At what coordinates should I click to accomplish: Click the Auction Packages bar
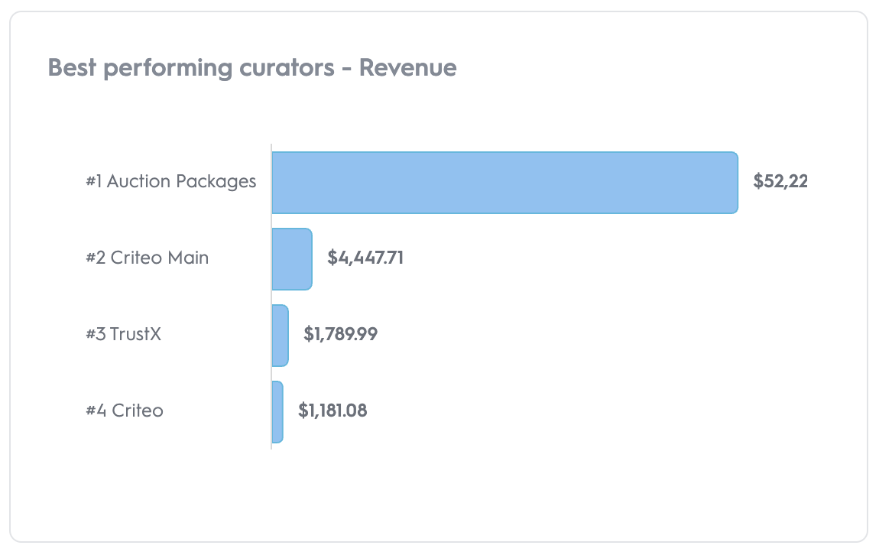tap(504, 183)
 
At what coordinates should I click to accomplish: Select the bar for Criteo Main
tap(292, 259)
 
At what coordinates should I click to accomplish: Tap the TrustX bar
tap(280, 336)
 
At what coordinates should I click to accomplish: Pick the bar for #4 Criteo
tap(277, 412)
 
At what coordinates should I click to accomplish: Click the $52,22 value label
tap(780, 181)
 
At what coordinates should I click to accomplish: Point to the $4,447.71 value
tap(365, 258)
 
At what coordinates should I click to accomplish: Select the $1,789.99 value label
tap(341, 334)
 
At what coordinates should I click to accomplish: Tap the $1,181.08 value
tap(332, 411)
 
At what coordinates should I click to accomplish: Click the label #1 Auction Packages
tap(170, 182)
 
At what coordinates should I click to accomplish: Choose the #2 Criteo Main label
tap(147, 258)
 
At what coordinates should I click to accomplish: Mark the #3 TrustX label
tap(123, 334)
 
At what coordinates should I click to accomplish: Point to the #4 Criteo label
tap(125, 411)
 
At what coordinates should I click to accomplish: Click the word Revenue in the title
tap(408, 68)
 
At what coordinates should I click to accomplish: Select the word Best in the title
tap(73, 68)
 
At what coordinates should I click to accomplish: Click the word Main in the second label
tap(190, 258)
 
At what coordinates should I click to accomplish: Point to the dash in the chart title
tap(347, 69)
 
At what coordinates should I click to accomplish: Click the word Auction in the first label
tap(138, 182)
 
